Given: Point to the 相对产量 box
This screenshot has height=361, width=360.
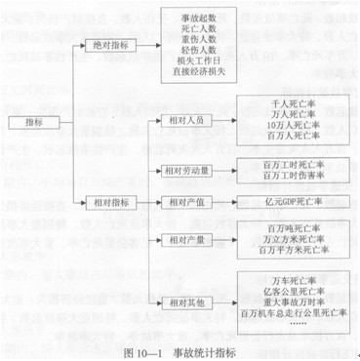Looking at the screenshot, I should (180, 239).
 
